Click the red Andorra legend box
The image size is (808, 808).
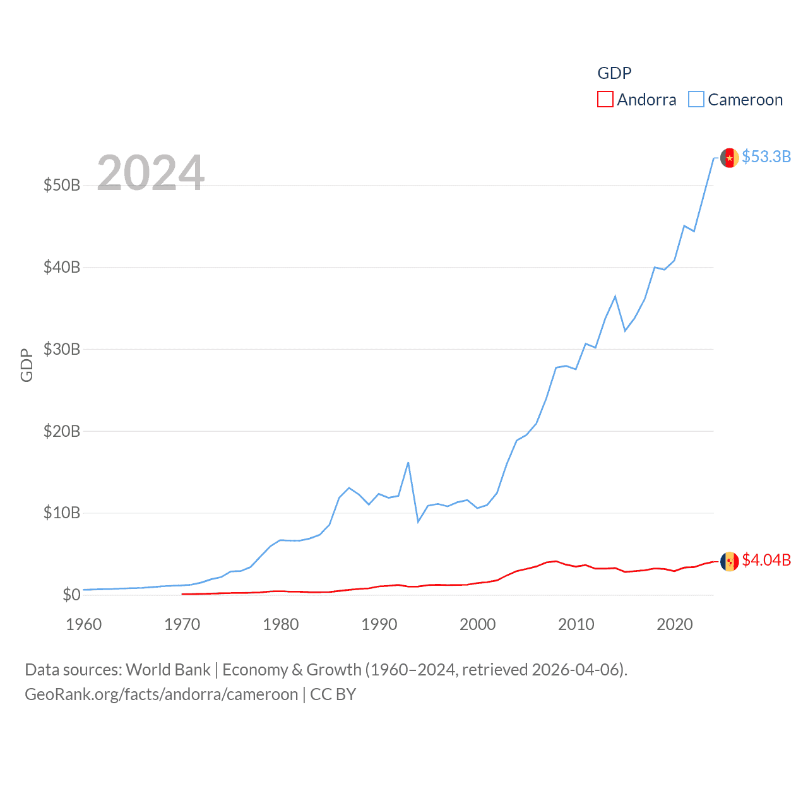coord(605,100)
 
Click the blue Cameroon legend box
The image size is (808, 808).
coord(696,100)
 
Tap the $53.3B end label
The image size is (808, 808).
coord(766,157)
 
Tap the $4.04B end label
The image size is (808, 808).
coord(766,560)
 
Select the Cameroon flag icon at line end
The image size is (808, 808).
coord(730,158)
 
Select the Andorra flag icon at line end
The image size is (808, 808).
coord(730,561)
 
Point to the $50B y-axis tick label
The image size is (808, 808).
coord(62,185)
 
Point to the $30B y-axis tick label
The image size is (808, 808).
coord(62,349)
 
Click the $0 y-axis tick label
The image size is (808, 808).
coord(71,595)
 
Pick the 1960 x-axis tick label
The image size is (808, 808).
coord(84,624)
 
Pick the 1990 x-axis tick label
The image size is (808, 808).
coord(379,624)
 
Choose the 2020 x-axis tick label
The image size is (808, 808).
coord(675,624)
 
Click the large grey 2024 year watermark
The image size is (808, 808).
coord(151,173)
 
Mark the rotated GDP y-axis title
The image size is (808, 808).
coord(27,365)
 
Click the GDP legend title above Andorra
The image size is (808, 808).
coord(614,73)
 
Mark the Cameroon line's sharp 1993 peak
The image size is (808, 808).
coord(408,463)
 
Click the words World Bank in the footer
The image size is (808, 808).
coord(169,669)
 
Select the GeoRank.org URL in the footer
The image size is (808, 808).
coord(161,694)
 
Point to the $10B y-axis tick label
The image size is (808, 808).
coord(62,513)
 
